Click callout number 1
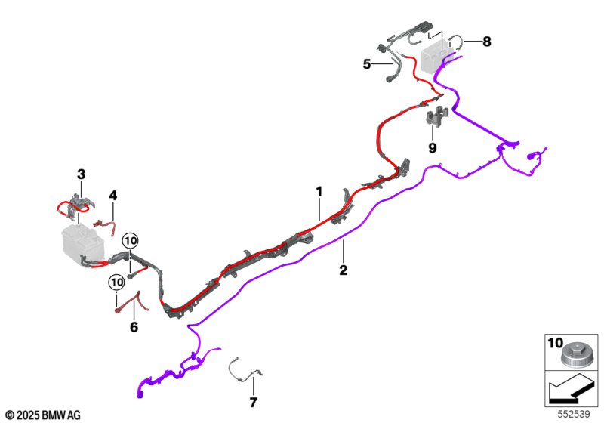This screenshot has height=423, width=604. (x=319, y=192)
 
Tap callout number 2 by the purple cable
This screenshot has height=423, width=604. (x=343, y=270)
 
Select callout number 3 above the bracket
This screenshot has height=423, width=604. (x=82, y=174)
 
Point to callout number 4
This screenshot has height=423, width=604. (x=112, y=196)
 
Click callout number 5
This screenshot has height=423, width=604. (x=367, y=65)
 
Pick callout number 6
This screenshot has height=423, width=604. (x=134, y=327)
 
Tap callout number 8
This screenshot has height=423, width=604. (x=486, y=42)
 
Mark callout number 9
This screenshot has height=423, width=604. (x=433, y=148)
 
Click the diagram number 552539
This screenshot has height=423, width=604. (x=576, y=415)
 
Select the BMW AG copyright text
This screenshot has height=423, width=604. (x=42, y=415)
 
